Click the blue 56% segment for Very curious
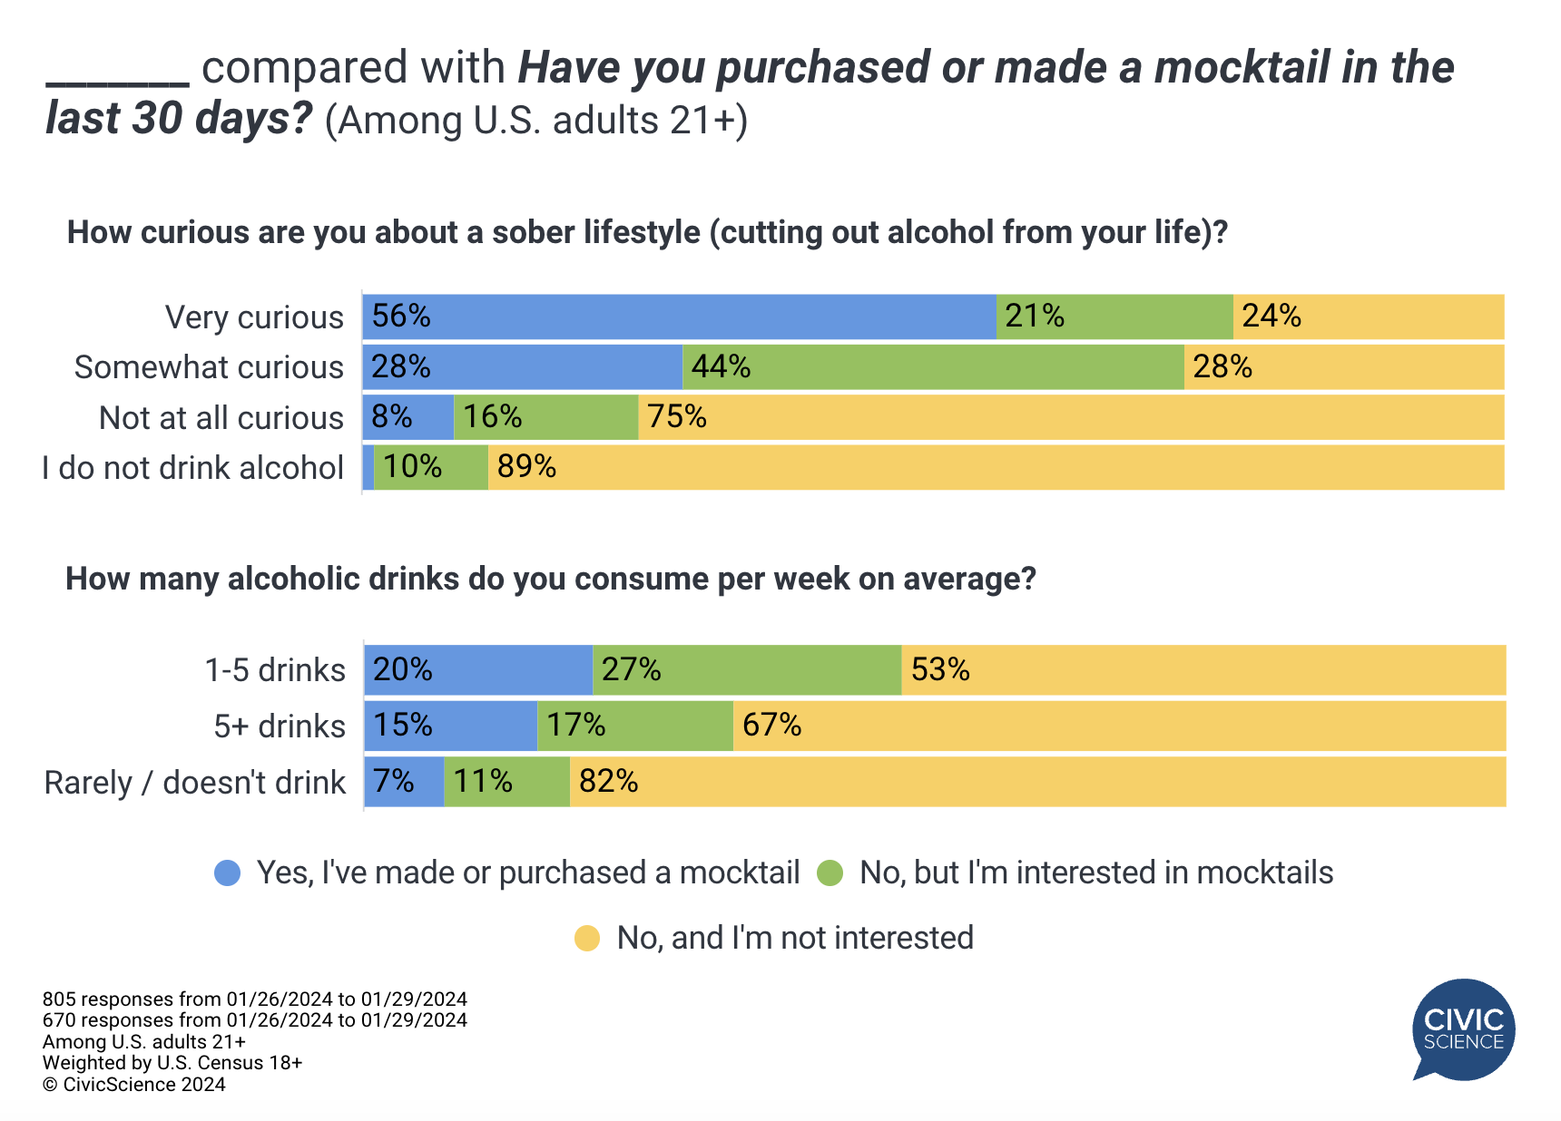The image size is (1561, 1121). tap(679, 317)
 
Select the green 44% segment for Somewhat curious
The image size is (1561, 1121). tap(933, 366)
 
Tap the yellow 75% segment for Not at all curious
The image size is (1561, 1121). tap(1071, 417)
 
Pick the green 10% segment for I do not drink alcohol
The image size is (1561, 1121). tap(431, 467)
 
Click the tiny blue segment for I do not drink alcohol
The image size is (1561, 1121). tap(368, 467)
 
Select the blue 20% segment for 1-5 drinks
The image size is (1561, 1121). tap(478, 670)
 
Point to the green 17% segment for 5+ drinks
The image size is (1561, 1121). tap(635, 726)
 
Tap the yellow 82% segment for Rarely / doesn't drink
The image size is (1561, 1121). tap(1037, 781)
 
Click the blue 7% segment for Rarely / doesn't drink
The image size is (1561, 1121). tap(404, 781)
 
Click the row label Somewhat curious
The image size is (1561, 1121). tap(209, 367)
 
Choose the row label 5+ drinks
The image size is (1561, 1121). tap(280, 726)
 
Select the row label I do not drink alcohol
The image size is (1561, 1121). tap(192, 468)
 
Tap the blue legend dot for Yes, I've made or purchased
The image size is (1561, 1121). tap(228, 873)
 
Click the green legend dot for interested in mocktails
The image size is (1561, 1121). tap(830, 873)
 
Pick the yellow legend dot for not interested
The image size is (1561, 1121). tap(587, 939)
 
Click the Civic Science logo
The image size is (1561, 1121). tap(1463, 1029)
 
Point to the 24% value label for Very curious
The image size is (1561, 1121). tap(1271, 316)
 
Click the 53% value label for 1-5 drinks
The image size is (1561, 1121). tap(940, 669)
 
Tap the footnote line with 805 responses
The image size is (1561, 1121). tap(254, 999)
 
